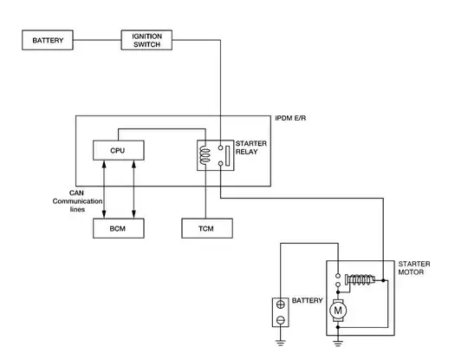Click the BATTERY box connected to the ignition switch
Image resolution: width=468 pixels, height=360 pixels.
[47, 41]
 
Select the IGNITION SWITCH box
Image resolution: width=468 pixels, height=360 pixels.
[146, 41]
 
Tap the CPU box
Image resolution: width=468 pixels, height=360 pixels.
[118, 150]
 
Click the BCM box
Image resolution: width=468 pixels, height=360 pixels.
[118, 228]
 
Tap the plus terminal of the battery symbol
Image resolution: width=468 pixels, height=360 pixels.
[280, 304]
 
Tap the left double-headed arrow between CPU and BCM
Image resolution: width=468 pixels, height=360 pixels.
[104, 189]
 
